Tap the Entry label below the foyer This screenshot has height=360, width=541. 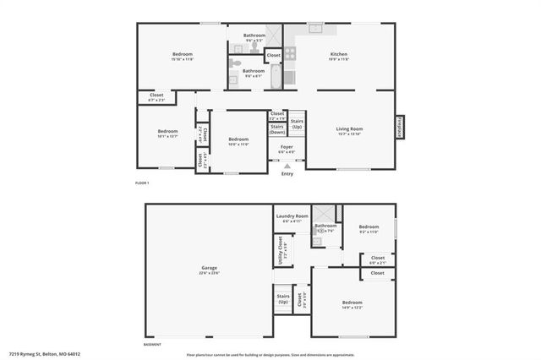pyautogui.click(x=287, y=175)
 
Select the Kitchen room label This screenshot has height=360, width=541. pyautogui.click(x=339, y=55)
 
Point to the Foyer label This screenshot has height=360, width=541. pyautogui.click(x=287, y=146)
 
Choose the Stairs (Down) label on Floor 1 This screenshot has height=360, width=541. pyautogui.click(x=277, y=129)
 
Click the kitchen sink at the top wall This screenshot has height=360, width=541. pyautogui.click(x=315, y=29)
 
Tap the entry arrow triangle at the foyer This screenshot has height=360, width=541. pyautogui.click(x=287, y=167)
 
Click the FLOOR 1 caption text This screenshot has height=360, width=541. pyautogui.click(x=142, y=183)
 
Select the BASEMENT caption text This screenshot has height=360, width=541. pyautogui.click(x=152, y=345)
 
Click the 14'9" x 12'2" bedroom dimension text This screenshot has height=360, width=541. pyautogui.click(x=352, y=308)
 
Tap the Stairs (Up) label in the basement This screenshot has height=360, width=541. pyautogui.click(x=283, y=298)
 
